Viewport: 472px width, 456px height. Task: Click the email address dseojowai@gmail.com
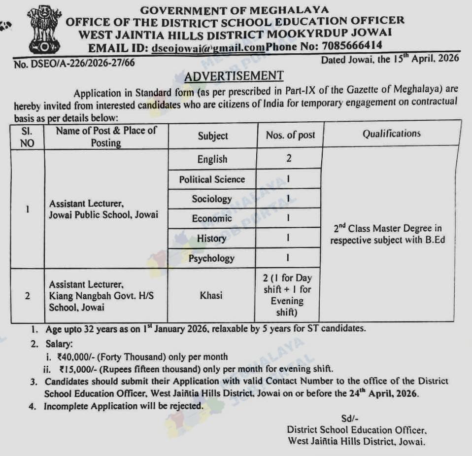pos(208,48)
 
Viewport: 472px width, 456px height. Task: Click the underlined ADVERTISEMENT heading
pos(234,76)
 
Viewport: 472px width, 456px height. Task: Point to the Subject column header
pos(213,136)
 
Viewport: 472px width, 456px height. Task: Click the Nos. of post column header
pos(290,135)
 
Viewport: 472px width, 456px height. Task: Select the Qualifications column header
pos(392,134)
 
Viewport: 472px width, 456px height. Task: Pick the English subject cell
pos(212,159)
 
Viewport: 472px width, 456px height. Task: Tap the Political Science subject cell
pos(212,179)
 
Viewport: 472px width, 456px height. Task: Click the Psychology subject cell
pos(212,258)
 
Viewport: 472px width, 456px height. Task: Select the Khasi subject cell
pos(211,295)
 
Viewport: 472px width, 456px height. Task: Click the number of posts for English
pos(289,158)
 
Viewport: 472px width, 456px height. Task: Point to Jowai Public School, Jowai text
pos(103,215)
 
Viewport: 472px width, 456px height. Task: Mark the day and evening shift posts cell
pos(288,295)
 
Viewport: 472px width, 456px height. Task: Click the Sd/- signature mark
pos(348,419)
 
